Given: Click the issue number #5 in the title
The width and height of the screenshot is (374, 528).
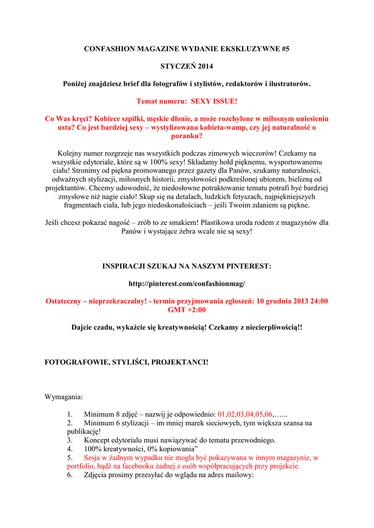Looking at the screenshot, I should click(x=285, y=49).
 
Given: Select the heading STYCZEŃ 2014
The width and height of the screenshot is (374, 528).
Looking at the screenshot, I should click(x=186, y=67).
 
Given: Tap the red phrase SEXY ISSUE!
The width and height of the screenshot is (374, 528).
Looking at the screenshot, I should click(x=214, y=101).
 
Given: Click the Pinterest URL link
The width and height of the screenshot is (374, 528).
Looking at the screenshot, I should click(x=186, y=284).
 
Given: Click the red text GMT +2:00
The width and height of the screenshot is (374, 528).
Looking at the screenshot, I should click(x=187, y=310).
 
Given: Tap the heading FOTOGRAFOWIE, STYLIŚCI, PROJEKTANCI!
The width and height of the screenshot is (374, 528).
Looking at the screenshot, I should click(x=127, y=362).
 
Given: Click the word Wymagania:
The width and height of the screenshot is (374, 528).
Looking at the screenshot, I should click(x=64, y=397).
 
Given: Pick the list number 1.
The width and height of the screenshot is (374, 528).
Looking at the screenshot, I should click(x=70, y=414).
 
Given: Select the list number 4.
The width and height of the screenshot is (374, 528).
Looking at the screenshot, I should click(x=70, y=449).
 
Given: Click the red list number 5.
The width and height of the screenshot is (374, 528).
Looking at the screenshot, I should click(x=70, y=457).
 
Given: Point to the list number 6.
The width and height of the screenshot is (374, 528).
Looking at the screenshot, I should click(x=70, y=475).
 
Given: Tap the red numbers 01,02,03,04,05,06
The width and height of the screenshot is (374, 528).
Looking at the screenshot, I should click(x=245, y=414).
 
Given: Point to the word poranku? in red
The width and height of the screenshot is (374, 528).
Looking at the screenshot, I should click(x=186, y=136).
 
